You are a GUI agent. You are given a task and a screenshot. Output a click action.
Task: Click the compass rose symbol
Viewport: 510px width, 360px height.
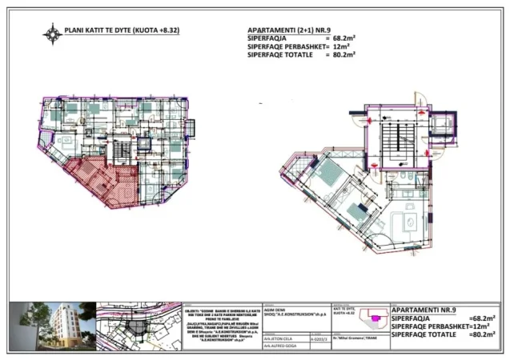pos(54,34)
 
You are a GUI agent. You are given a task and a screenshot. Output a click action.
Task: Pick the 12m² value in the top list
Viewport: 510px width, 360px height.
pos(341,47)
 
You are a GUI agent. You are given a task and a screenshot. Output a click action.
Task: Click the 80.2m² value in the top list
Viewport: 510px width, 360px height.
pos(339,55)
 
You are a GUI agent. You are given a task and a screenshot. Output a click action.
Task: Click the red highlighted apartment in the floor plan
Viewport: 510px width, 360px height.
pos(98,179)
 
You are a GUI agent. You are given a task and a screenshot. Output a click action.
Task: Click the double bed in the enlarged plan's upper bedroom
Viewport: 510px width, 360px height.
pos(327,172)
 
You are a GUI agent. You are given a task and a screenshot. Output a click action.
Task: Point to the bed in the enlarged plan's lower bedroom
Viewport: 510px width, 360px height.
pos(357,213)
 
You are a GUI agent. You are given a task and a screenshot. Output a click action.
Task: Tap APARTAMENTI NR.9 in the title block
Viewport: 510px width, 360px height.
pos(424,309)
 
